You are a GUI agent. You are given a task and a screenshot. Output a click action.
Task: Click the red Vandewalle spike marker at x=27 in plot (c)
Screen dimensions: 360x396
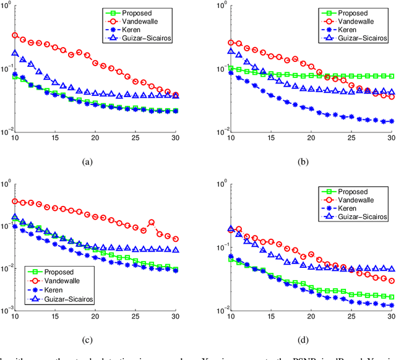(151, 223)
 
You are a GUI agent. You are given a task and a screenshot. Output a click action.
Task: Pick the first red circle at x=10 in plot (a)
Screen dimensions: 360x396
(15, 36)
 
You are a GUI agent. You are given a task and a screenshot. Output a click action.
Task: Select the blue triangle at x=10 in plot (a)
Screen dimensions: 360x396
(15, 53)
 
